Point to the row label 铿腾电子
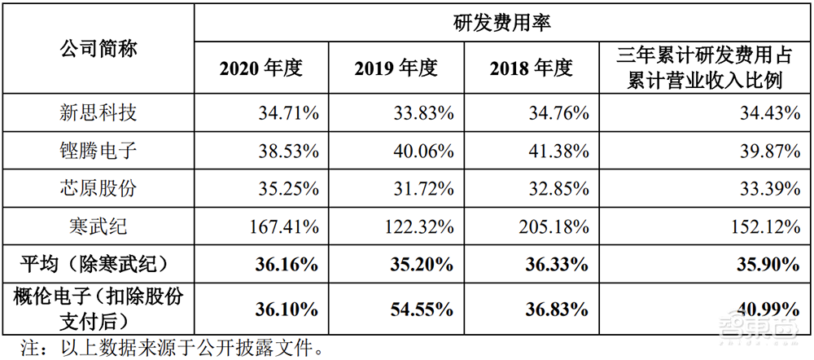98,151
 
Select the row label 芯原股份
98,188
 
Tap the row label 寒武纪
98,226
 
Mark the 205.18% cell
554,226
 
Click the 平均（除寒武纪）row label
98,263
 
